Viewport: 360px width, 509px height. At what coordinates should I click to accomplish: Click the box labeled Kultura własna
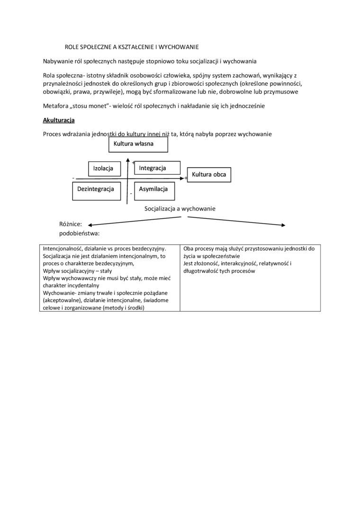click(x=138, y=144)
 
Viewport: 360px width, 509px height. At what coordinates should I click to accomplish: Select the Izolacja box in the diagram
click(x=104, y=169)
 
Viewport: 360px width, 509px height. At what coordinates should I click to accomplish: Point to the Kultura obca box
click(x=209, y=175)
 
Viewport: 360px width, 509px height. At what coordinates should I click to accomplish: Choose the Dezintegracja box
click(x=96, y=189)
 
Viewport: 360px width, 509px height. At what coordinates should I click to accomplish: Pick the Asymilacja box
click(x=154, y=189)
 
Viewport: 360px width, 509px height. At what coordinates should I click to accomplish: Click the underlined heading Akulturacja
click(x=59, y=120)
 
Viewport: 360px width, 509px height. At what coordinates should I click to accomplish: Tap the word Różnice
click(x=71, y=223)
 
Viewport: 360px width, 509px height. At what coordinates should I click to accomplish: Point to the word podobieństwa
click(x=79, y=233)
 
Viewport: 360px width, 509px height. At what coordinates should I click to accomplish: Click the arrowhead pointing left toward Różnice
click(x=90, y=224)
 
